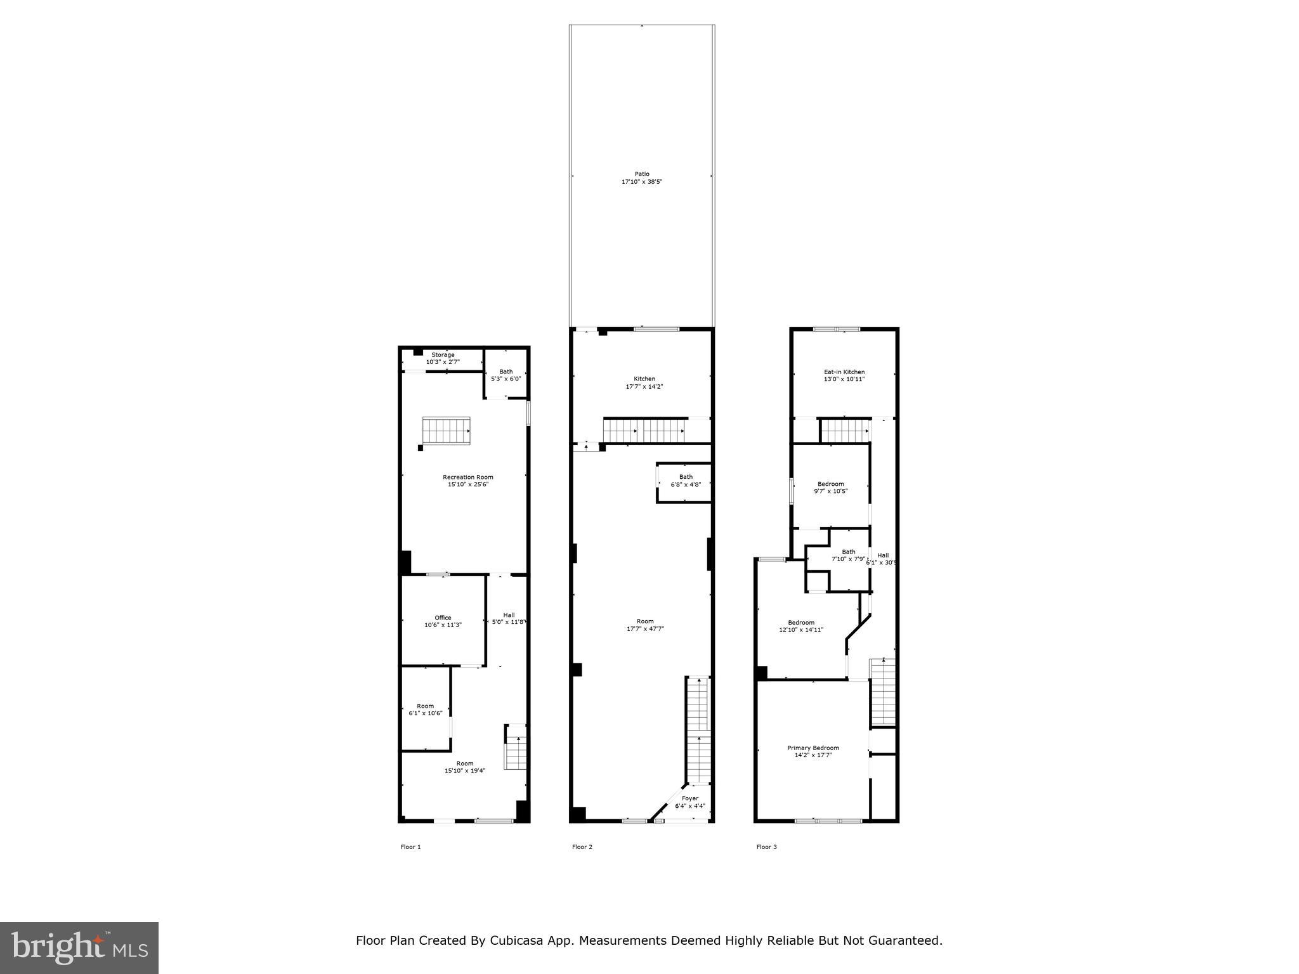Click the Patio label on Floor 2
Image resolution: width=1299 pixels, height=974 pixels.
642,174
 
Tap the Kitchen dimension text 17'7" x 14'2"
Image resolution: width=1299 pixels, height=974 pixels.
644,386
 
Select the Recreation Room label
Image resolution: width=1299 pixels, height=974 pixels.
467,477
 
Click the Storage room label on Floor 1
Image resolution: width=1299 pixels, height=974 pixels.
443,355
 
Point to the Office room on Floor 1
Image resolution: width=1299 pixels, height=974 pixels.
443,621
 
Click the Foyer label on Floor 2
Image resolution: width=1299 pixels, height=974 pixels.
690,798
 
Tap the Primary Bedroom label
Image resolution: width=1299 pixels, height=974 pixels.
813,748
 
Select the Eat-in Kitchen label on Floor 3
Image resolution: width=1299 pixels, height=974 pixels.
844,372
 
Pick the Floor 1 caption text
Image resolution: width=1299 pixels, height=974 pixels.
410,847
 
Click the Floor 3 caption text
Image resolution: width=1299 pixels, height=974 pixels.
766,847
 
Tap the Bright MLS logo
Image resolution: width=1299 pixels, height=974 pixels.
79,947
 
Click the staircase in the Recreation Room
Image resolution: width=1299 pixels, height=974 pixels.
447,431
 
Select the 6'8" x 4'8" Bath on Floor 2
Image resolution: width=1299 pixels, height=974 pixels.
686,481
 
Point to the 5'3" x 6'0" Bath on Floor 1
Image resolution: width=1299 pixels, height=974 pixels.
506,375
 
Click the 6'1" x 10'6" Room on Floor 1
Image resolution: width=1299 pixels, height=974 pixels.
425,709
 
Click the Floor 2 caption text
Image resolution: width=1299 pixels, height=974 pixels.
582,847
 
